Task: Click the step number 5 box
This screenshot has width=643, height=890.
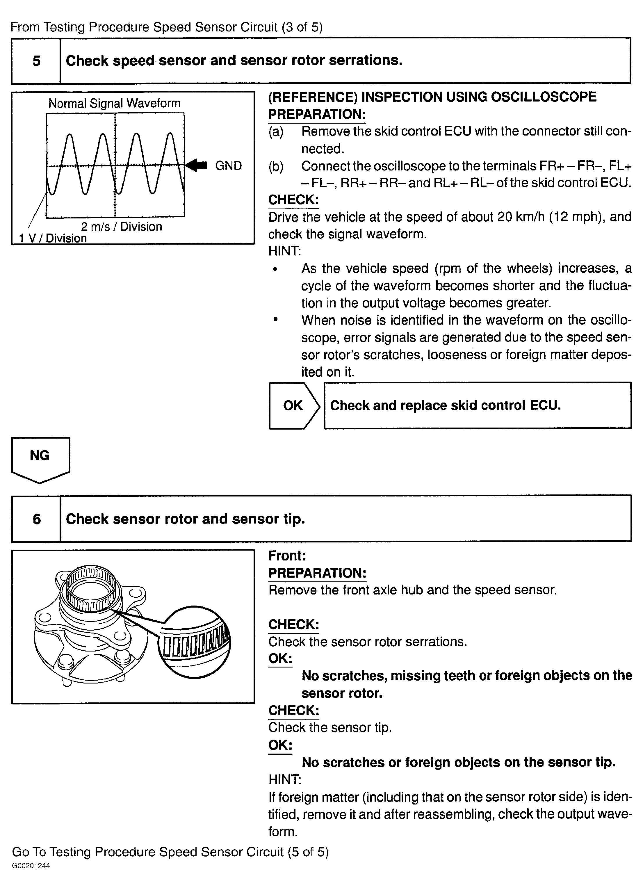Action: [x=36, y=61]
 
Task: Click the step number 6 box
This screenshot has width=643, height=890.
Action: [x=36, y=519]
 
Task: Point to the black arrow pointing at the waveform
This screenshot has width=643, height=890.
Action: [x=196, y=165]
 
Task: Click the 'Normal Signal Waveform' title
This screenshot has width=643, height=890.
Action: [x=114, y=103]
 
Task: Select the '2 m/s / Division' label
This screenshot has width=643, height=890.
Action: [x=121, y=226]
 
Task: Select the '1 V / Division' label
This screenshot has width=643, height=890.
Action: [x=53, y=238]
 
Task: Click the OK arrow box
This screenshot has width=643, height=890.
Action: [x=295, y=405]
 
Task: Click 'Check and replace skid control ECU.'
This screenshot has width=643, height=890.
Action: [x=445, y=405]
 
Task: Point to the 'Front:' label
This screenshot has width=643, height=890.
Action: [x=287, y=556]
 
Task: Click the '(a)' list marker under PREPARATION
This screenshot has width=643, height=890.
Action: [x=276, y=131]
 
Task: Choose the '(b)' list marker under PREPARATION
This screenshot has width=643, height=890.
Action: [x=276, y=166]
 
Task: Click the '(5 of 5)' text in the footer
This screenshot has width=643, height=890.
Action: [x=308, y=852]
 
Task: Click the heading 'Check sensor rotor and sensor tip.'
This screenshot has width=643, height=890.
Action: [x=185, y=519]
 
